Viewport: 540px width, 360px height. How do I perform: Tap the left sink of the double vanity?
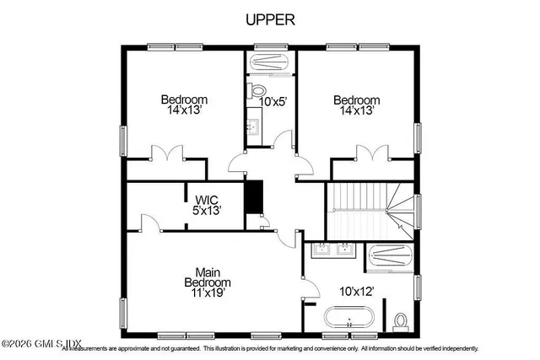[322, 249]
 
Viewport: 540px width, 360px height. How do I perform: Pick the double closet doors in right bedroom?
[366, 154]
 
